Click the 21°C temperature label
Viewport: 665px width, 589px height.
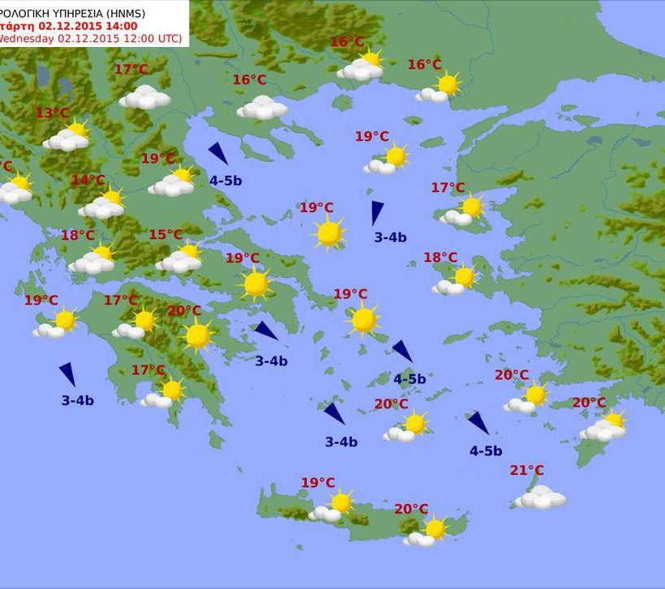click(526, 471)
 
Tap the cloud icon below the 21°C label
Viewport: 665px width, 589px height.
click(540, 497)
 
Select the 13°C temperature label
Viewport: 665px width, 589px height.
click(52, 113)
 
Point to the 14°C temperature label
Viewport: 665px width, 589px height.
click(88, 180)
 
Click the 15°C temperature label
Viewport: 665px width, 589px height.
click(165, 235)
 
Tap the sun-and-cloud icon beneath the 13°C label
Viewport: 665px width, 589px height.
click(68, 136)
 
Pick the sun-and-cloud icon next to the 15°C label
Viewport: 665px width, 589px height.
click(181, 258)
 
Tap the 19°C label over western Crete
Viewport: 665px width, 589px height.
click(318, 483)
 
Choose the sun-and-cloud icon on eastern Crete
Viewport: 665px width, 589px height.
click(428, 531)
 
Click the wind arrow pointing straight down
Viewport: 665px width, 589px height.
click(376, 213)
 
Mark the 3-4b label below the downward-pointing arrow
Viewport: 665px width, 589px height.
click(390, 237)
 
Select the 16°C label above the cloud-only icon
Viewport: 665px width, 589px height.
click(249, 79)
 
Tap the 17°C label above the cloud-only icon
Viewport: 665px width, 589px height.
click(131, 70)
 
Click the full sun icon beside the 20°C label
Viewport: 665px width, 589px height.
click(197, 335)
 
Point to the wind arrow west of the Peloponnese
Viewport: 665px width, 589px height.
click(67, 374)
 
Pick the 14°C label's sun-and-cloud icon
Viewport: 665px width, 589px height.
click(103, 203)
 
